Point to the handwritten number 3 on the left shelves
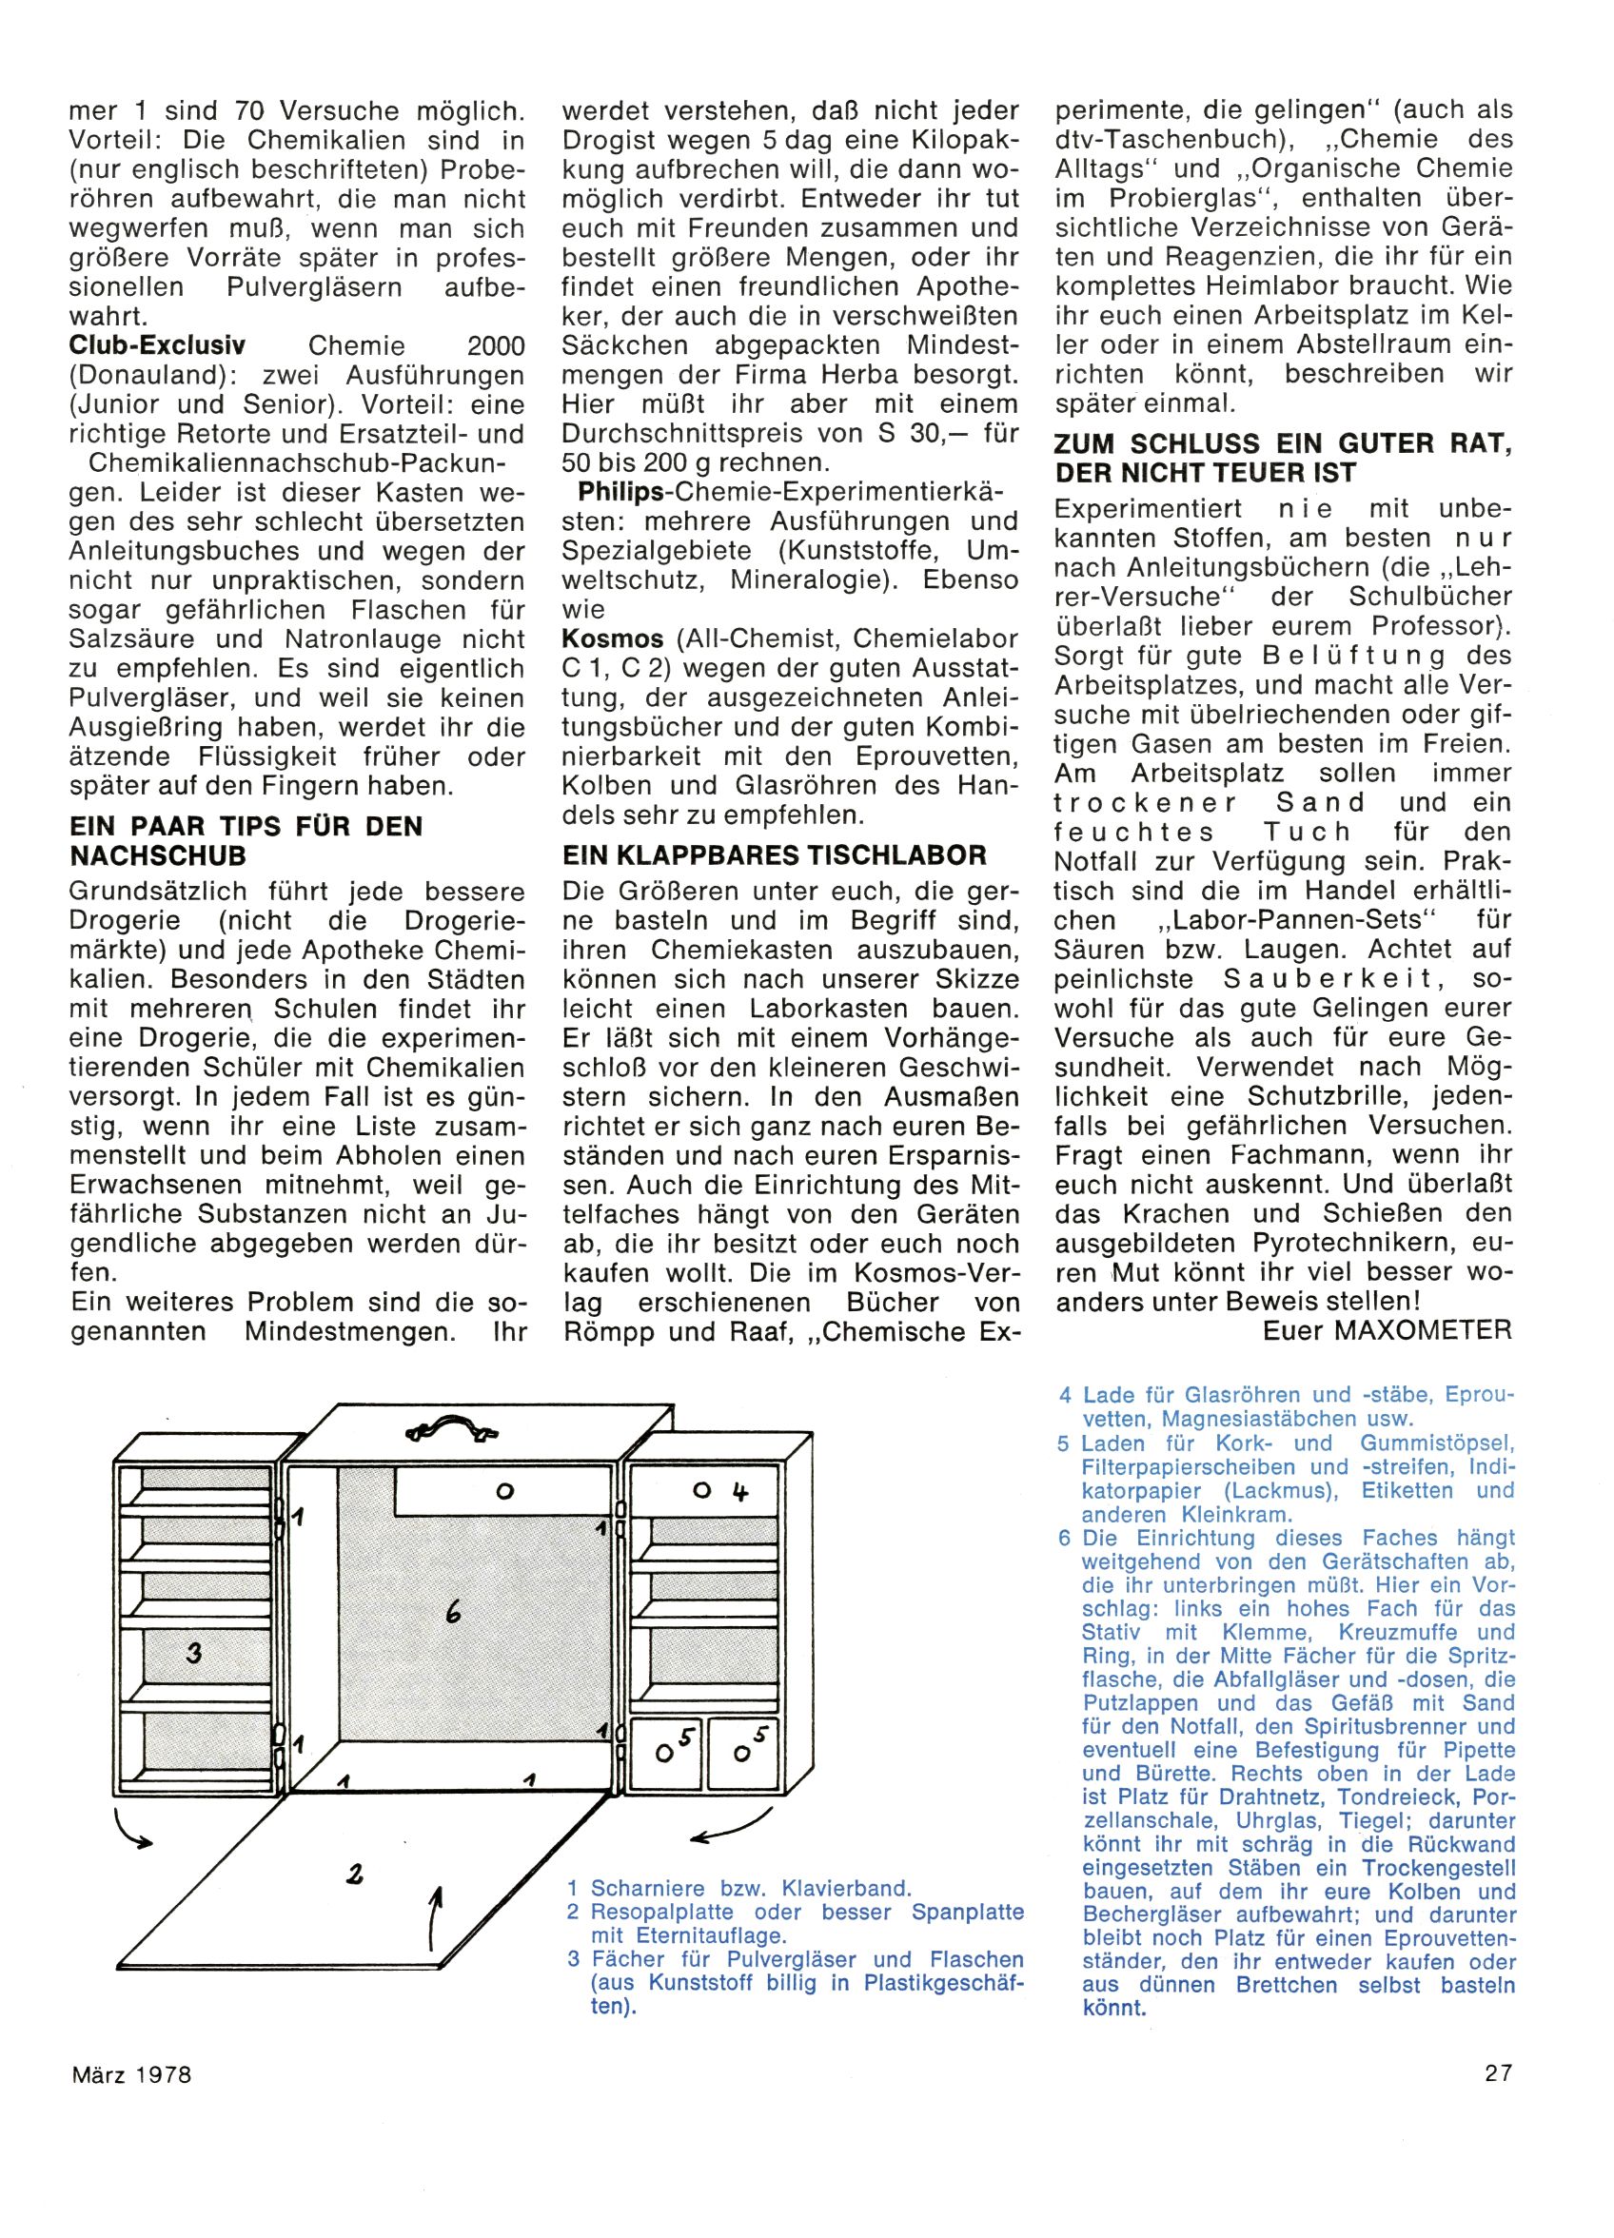193,1652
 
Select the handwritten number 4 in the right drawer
739,1492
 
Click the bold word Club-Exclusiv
157,346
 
